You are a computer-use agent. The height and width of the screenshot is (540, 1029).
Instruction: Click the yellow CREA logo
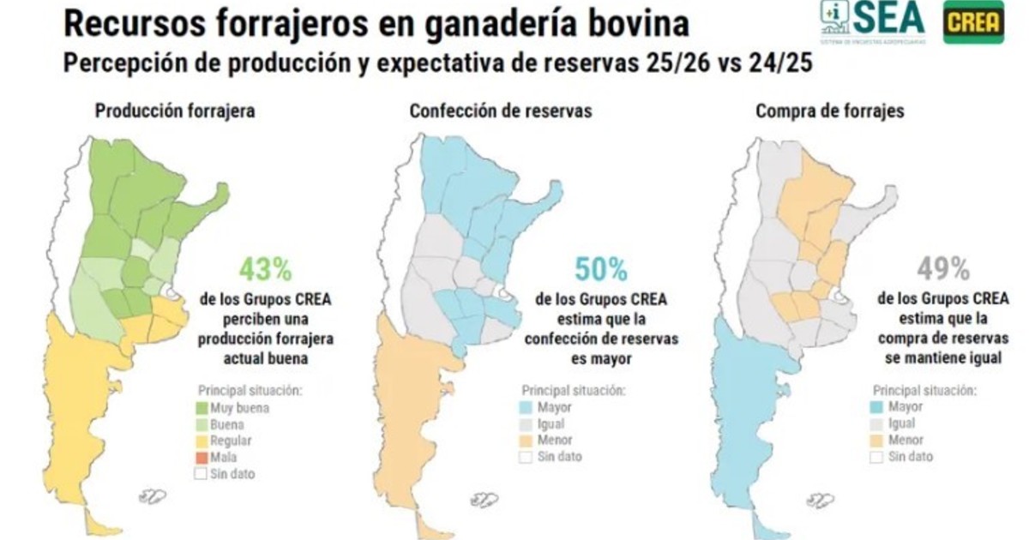pos(974,22)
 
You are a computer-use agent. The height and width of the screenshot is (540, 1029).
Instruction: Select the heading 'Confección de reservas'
pos(501,111)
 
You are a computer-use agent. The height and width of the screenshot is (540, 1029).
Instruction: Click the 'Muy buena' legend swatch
pos(202,408)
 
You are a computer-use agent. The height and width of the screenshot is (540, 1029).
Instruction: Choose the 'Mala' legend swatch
pos(202,457)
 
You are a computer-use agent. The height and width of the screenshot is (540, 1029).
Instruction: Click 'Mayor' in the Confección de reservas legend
pos(554,408)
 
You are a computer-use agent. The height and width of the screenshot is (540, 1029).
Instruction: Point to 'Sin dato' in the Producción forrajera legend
pos(232,473)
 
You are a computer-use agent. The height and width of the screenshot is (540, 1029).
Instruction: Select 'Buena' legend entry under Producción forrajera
pos(226,424)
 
